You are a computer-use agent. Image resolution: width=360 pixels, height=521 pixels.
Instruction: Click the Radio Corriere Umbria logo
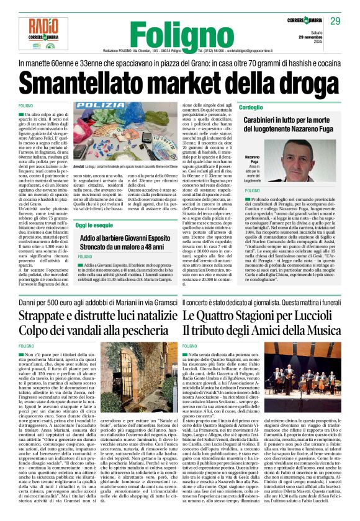click(37, 33)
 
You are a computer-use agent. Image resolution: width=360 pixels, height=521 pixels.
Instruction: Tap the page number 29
click(335, 22)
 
